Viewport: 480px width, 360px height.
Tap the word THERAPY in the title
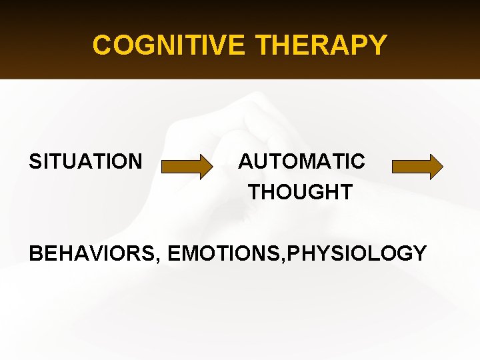click(x=321, y=45)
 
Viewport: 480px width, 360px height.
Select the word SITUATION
click(x=85, y=161)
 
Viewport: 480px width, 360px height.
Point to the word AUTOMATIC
click(x=301, y=161)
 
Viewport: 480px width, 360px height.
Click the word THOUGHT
click(x=300, y=193)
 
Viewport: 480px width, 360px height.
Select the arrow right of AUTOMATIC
click(x=417, y=167)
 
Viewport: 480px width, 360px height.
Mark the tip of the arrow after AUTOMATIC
click(x=442, y=167)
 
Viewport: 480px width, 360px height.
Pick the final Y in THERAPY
click(x=378, y=45)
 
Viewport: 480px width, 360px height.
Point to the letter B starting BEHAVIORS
click(x=36, y=253)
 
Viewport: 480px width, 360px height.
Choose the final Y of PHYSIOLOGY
click(x=419, y=253)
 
